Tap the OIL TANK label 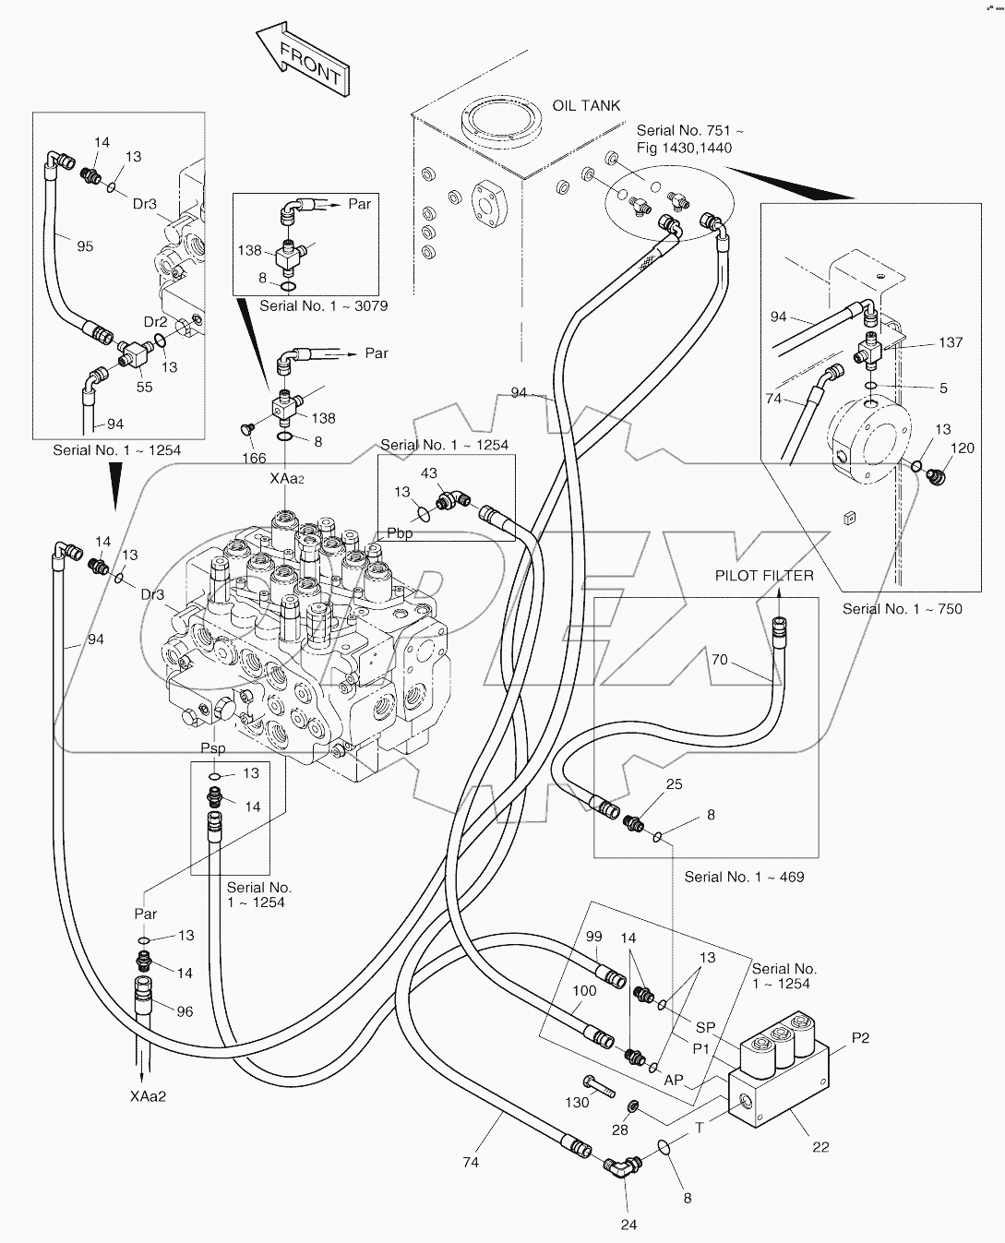pos(586,106)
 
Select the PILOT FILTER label pos(764,576)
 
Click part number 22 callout pos(820,1147)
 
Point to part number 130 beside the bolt pos(577,1104)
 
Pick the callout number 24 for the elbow pos(628,1225)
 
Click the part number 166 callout pos(254,458)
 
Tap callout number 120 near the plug pos(962,448)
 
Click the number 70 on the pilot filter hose pos(719,660)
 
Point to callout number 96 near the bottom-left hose pos(185,1011)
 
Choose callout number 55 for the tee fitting pos(145,388)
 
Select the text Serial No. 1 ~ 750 pos(902,609)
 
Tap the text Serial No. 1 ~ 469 pos(744,877)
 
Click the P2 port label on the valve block pos(860,1038)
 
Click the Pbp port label pos(400,533)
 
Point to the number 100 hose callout pos(584,991)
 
